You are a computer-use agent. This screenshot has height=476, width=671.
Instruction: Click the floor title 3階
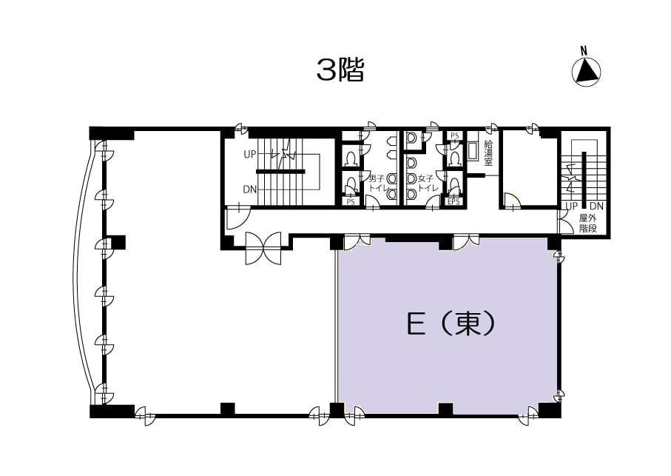point(340,70)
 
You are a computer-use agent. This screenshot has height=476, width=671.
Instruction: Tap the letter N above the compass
point(584,50)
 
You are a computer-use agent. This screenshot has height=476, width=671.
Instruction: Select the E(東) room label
point(451,324)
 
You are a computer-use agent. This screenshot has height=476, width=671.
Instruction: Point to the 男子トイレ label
point(376,183)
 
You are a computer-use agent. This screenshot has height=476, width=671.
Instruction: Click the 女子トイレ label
point(426,183)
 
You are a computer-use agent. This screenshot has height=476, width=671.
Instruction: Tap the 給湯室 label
point(488,152)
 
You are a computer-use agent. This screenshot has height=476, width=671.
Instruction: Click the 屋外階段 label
point(588,223)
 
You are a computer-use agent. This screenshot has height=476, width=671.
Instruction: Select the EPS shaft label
point(453,201)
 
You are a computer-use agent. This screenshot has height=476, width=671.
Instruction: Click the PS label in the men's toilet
point(351,201)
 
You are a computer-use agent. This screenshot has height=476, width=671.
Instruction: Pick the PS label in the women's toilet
point(454,135)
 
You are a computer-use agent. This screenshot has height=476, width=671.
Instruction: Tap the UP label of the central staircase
point(250,155)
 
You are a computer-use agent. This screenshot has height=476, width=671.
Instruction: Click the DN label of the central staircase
point(250,190)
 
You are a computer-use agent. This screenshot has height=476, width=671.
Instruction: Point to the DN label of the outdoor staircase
point(596,207)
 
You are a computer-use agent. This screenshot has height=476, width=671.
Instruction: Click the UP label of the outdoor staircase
point(572,207)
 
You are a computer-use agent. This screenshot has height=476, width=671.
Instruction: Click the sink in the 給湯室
point(473,152)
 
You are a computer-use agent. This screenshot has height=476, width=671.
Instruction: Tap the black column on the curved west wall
point(118,242)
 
